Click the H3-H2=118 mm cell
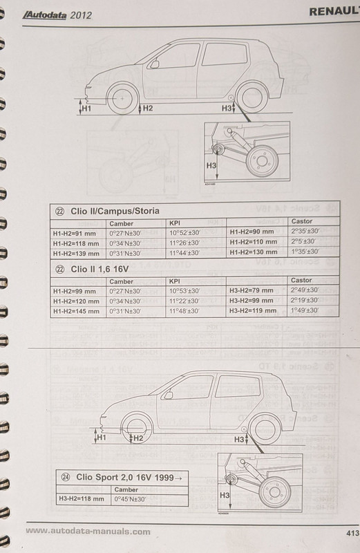(x=80, y=498)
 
